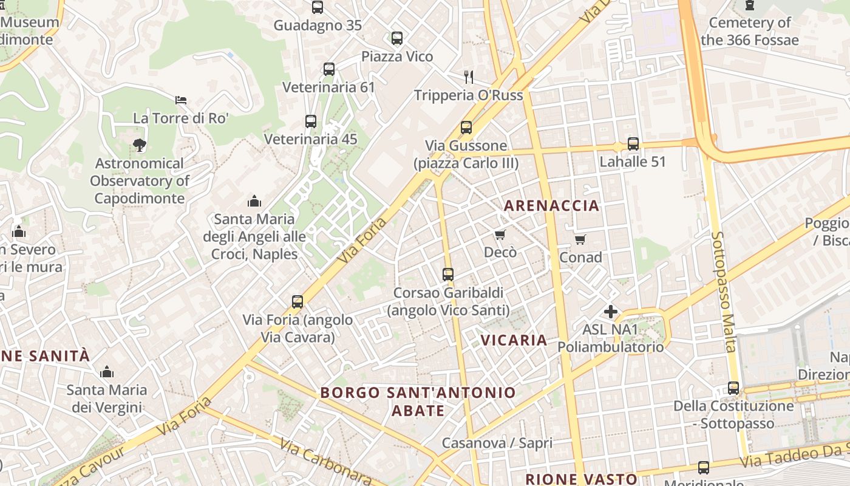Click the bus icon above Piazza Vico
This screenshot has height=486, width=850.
(x=397, y=38)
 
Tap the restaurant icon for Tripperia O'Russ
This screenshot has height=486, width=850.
(x=468, y=77)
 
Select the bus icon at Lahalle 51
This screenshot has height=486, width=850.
(x=633, y=144)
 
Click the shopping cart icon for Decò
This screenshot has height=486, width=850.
(x=500, y=234)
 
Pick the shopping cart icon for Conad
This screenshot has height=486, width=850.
(x=580, y=239)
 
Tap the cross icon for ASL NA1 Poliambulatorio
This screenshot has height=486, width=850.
(x=611, y=312)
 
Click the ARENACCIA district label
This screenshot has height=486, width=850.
(x=551, y=205)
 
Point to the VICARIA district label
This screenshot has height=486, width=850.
(x=514, y=340)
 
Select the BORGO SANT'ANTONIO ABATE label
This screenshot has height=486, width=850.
(x=418, y=402)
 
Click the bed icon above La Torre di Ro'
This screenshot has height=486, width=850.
(x=180, y=100)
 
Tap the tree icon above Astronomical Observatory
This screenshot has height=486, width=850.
(x=140, y=145)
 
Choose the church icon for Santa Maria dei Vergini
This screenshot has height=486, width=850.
(x=107, y=372)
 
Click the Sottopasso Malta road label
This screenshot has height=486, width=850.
(x=724, y=292)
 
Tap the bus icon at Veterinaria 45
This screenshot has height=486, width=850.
(x=311, y=122)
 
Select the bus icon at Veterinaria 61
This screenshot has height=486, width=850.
(x=329, y=69)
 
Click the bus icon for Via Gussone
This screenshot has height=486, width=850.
(x=466, y=128)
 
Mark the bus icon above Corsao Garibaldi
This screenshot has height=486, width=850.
(x=448, y=275)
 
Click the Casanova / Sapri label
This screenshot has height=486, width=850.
(x=497, y=443)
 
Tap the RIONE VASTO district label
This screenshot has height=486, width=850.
(x=581, y=479)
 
